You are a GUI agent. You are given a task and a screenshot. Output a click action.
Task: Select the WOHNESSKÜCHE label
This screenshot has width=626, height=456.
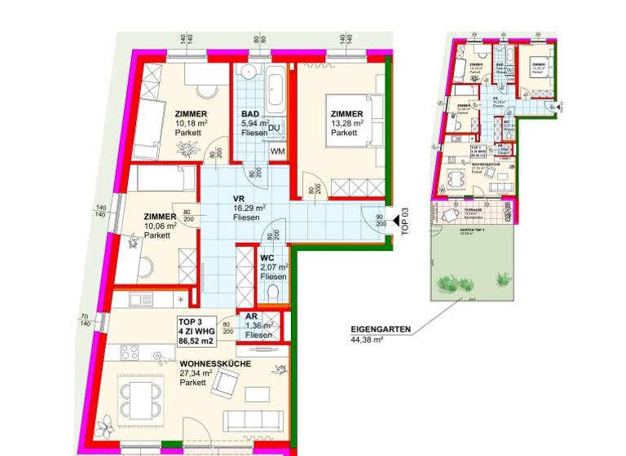[215, 364]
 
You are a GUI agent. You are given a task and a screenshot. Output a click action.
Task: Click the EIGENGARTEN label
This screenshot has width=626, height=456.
[381, 330]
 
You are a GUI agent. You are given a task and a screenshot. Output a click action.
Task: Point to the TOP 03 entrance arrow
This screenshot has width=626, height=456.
[395, 220]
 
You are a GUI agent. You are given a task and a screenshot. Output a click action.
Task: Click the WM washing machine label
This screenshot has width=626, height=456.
[277, 151]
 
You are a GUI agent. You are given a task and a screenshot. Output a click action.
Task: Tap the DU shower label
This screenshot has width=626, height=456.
[275, 128]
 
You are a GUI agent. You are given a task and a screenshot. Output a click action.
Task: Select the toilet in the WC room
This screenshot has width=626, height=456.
[274, 292]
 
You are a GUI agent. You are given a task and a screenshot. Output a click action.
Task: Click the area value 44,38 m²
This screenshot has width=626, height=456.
[367, 340]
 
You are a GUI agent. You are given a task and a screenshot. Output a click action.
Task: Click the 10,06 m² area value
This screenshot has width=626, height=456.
[161, 226]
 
